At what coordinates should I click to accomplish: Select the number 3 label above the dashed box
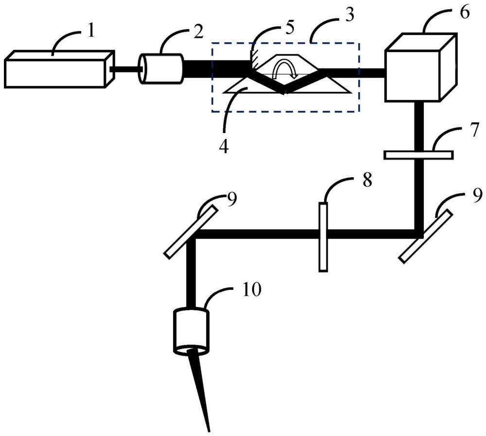tap(349, 16)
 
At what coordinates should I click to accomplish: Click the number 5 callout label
tap(289, 28)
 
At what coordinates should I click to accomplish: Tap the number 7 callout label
tap(474, 130)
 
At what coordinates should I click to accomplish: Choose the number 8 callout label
tap(367, 180)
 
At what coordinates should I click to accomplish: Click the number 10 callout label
tap(252, 290)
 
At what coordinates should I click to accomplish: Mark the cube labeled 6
tap(420, 67)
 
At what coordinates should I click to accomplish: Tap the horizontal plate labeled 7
tap(418, 155)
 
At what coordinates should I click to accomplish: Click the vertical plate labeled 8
tap(323, 237)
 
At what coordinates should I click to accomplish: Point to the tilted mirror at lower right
tap(425, 236)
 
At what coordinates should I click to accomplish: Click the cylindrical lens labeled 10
tap(191, 331)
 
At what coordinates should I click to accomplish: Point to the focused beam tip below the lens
tap(209, 431)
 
